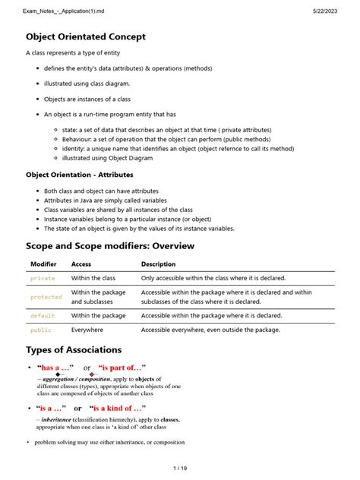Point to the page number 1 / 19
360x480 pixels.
[x=179, y=468]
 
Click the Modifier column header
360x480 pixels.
[x=43, y=264]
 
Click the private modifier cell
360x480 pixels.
[x=43, y=279]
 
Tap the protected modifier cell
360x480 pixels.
[x=46, y=297]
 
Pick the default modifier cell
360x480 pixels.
[x=43, y=315]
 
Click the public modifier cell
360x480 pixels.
[x=41, y=330]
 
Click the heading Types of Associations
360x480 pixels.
[x=74, y=349]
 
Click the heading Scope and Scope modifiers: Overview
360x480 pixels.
[x=110, y=245]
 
